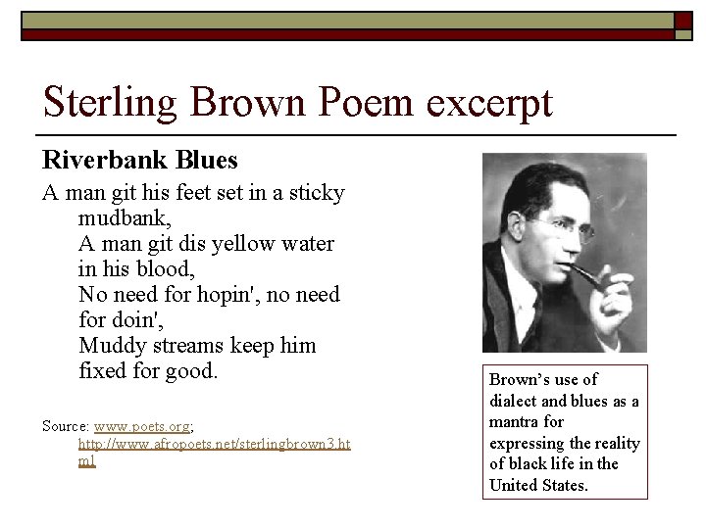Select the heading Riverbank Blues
[139, 159]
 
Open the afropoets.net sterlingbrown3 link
[214, 444]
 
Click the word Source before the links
[64, 426]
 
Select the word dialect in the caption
[511, 401]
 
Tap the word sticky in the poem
[313, 193]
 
